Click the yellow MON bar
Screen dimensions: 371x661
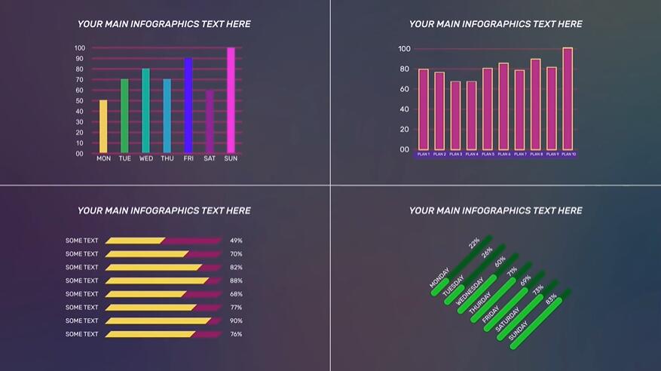point(103,126)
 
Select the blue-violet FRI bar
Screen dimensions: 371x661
point(188,106)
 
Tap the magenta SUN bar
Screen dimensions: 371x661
point(231,100)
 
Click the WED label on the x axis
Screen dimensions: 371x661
point(145,158)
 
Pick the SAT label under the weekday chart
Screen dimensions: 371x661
point(210,158)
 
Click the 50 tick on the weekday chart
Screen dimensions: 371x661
point(80,101)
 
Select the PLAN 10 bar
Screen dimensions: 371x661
point(568,99)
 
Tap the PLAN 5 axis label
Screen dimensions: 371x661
point(488,154)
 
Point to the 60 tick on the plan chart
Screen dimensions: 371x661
point(404,89)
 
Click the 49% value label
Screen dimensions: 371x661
point(236,241)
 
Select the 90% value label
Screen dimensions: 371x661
point(236,320)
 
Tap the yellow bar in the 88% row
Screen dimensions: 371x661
point(157,281)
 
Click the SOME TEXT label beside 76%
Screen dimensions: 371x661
point(81,334)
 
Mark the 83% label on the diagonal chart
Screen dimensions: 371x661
point(552,299)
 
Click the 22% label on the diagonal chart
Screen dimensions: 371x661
point(474,244)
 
